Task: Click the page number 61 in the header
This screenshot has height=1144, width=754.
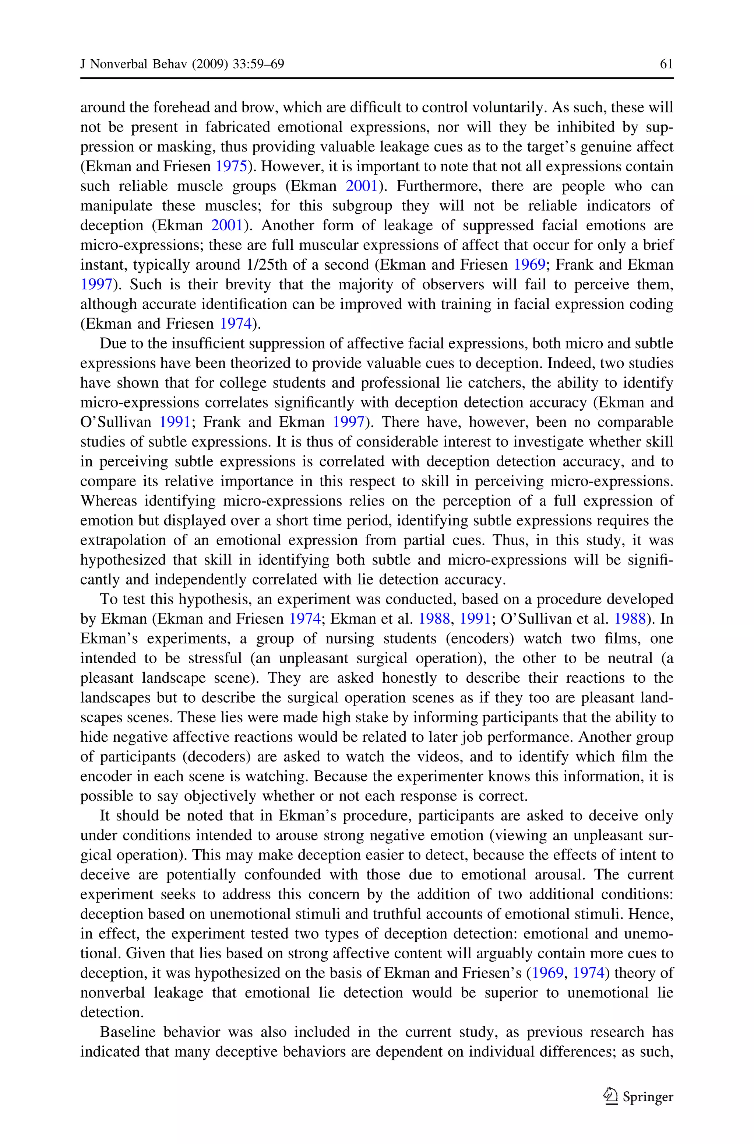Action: [666, 64]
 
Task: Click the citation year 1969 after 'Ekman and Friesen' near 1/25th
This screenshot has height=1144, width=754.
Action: [529, 265]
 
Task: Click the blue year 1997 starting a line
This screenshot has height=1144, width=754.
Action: [96, 285]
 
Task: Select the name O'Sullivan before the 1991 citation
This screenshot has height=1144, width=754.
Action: [115, 422]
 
